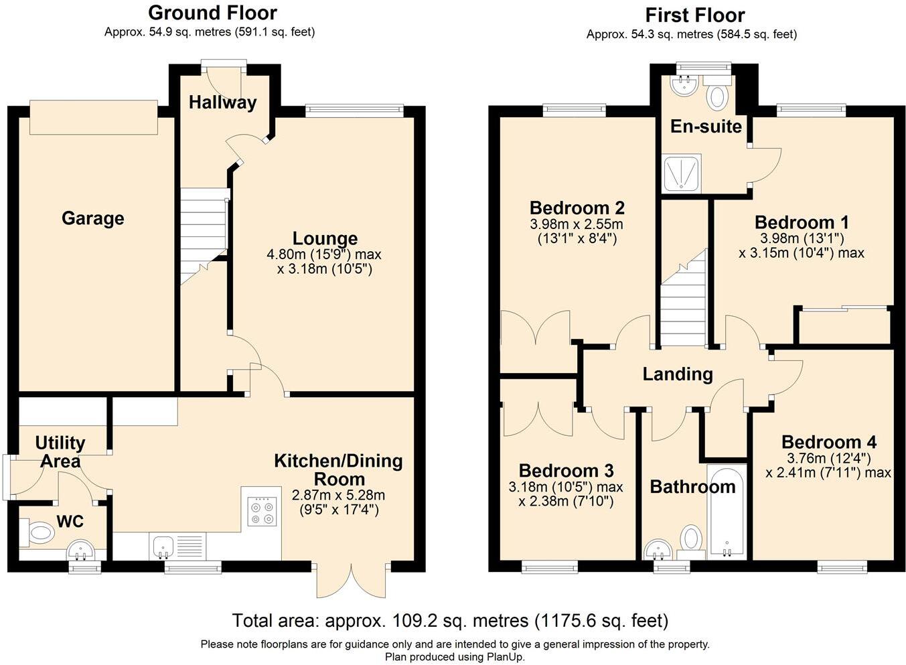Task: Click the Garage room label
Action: (92, 218)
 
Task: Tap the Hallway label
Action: (222, 102)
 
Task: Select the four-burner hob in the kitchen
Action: (261, 512)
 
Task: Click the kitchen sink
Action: (163, 546)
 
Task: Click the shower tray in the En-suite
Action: (681, 173)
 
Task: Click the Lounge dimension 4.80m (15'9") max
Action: (324, 254)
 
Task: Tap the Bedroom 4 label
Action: (829, 442)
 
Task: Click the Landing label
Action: (678, 374)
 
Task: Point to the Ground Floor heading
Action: (212, 13)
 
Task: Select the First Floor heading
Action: (694, 15)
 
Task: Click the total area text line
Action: (450, 621)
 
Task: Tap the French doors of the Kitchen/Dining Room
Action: (352, 580)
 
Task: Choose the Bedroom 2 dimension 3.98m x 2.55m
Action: (577, 224)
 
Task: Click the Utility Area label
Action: (60, 451)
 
